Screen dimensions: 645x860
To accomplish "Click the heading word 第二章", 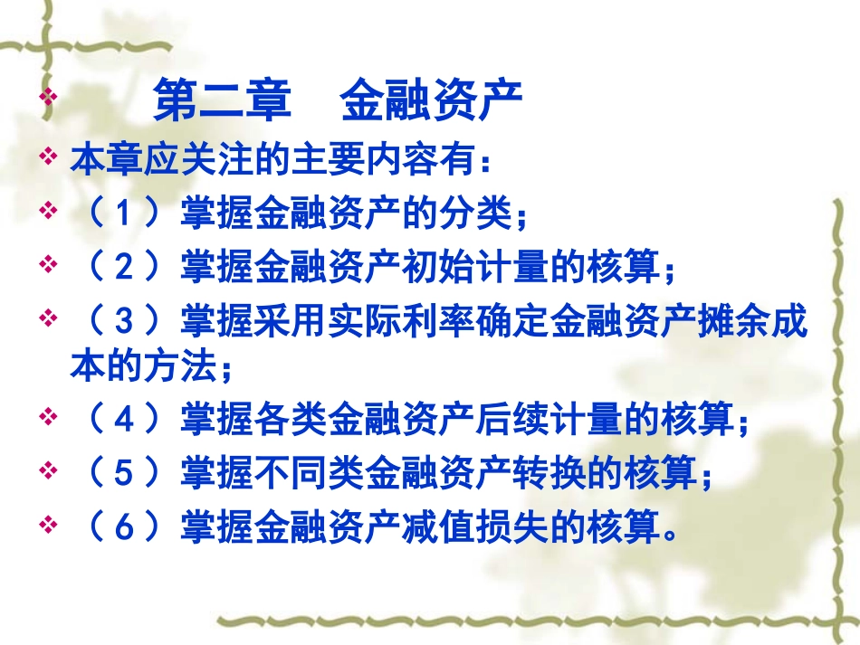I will coord(222,102).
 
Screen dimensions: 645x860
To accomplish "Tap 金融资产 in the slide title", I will coord(432,102).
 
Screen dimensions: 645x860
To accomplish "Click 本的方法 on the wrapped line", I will coord(143,366).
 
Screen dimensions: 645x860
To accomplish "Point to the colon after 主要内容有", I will coord(486,164).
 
